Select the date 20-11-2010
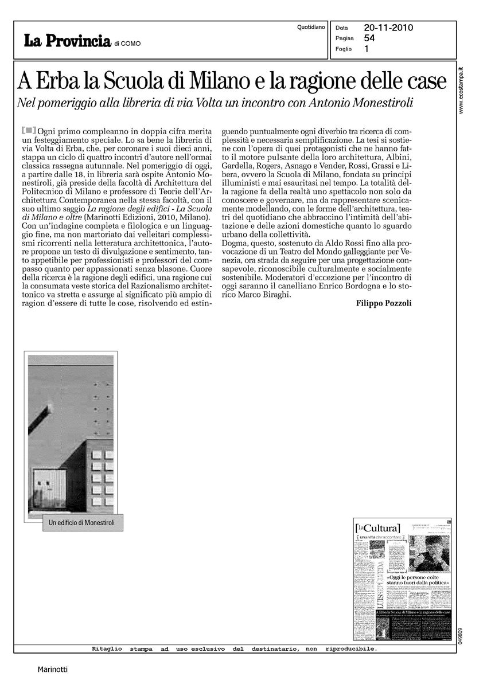pyautogui.click(x=388, y=27)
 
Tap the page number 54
pyautogui.click(x=369, y=38)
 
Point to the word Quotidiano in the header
pyautogui.click(x=311, y=27)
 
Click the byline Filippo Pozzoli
pyautogui.click(x=384, y=303)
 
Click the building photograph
pyautogui.click(x=71, y=436)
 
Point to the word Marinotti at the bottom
pyautogui.click(x=52, y=669)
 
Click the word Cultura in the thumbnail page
pyautogui.click(x=383, y=527)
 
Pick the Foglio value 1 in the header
pyautogui.click(x=367, y=49)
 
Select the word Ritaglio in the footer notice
pyautogui.click(x=107, y=649)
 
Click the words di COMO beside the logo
pyautogui.click(x=127, y=43)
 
